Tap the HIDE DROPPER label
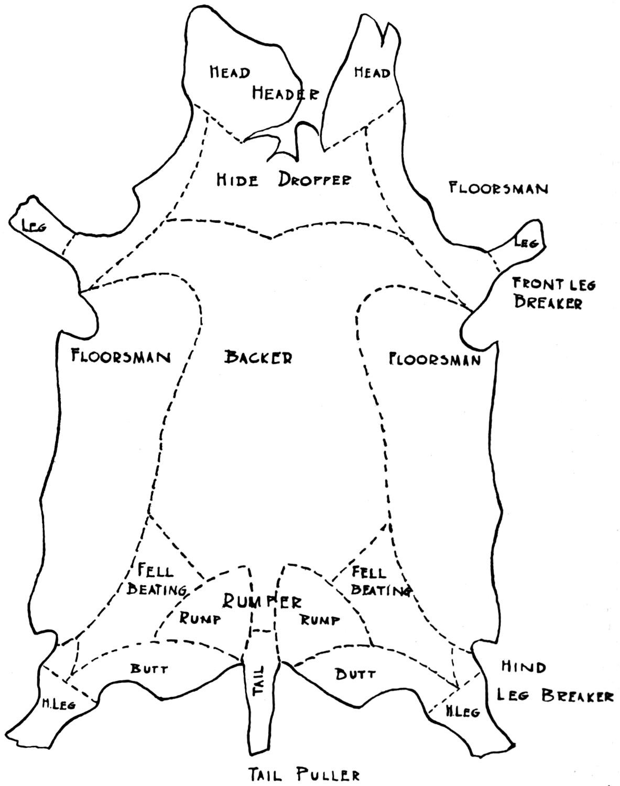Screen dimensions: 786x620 coord(284,180)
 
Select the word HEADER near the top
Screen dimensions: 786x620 coord(285,93)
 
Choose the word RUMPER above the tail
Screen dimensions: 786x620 coord(262,601)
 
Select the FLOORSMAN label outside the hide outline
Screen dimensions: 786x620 coord(498,188)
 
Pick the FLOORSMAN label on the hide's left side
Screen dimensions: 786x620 coord(121,357)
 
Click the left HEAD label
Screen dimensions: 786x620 coord(230,72)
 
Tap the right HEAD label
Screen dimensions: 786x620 coord(372,72)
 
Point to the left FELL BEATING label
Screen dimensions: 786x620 coord(156,580)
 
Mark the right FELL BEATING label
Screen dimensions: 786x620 coord(378,581)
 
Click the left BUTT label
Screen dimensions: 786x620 coord(149,669)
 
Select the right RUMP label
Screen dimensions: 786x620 coord(319,620)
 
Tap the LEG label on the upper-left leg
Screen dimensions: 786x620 coord(34,226)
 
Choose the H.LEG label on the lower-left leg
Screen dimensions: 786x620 coord(58,704)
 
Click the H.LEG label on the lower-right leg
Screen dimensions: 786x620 coord(462,712)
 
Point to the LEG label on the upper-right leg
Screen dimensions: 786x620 coord(526,243)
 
